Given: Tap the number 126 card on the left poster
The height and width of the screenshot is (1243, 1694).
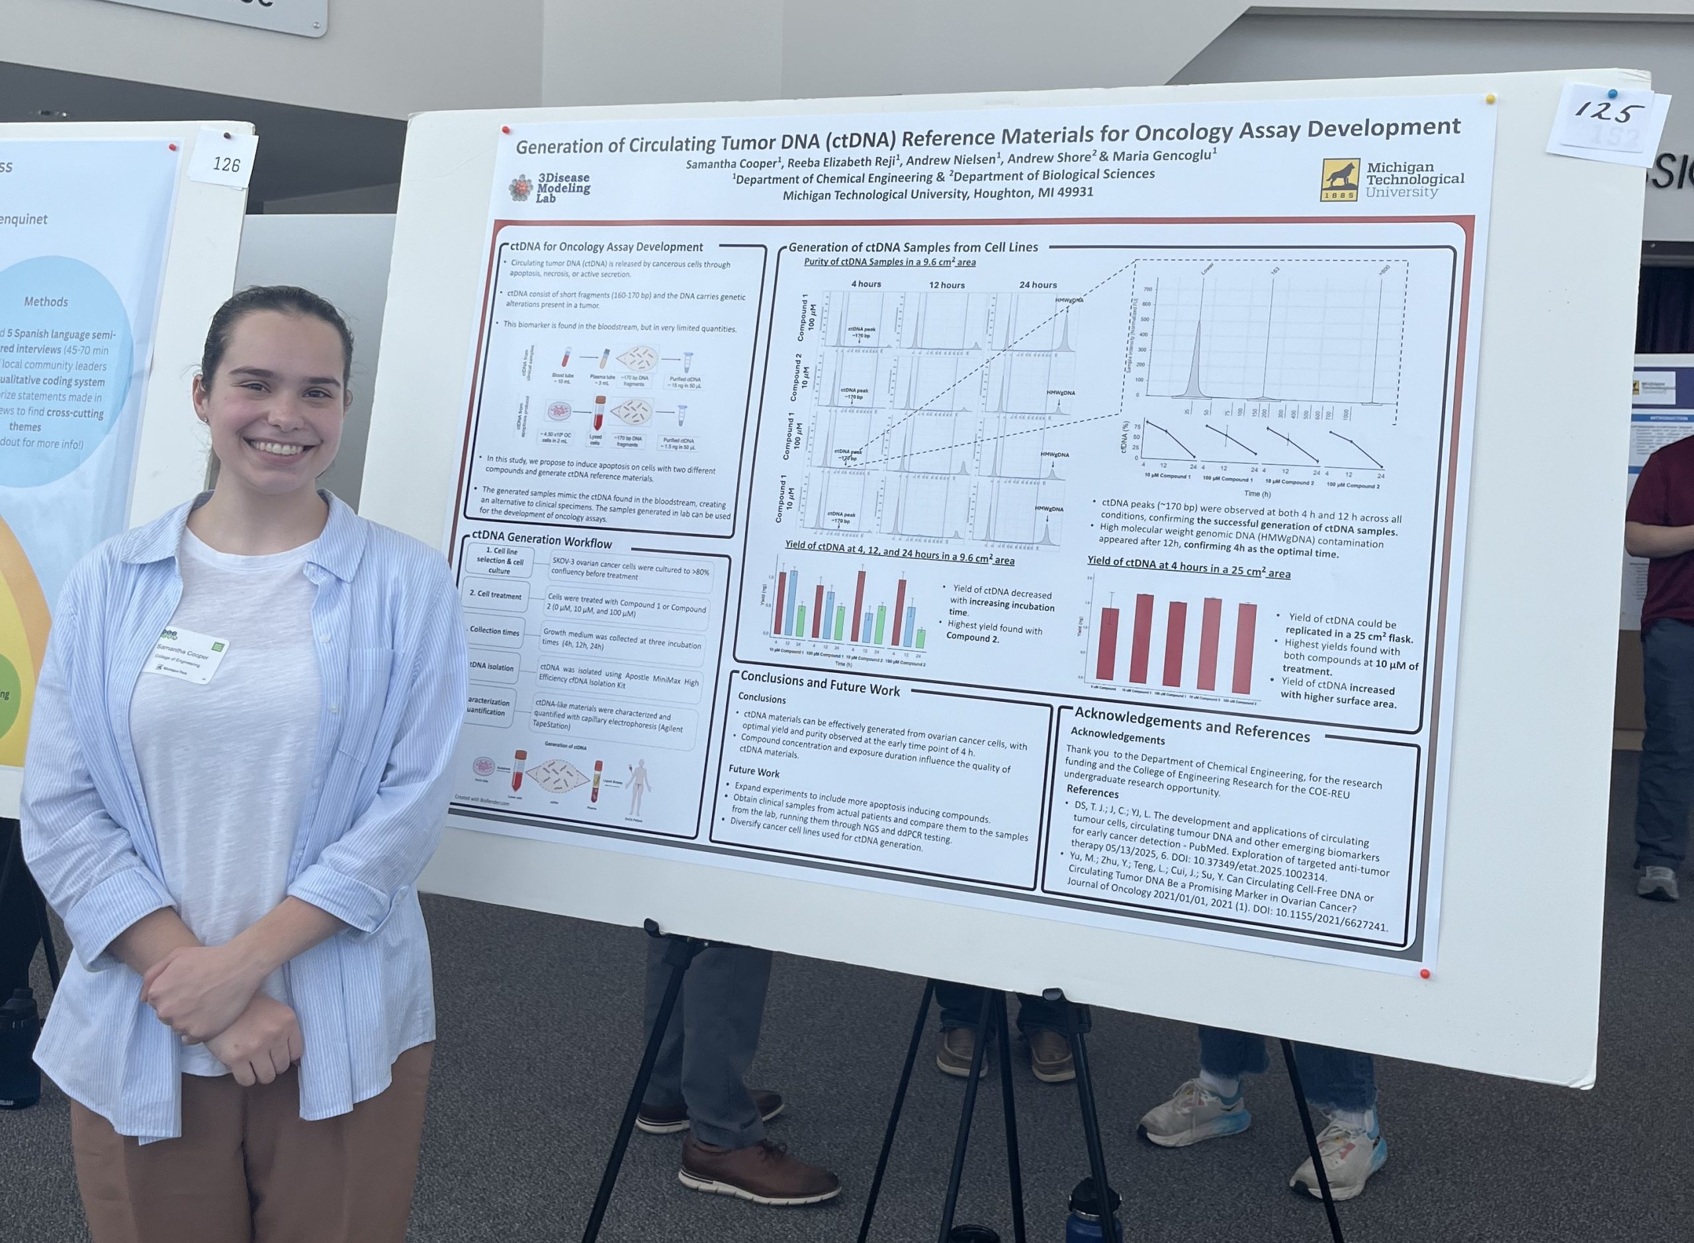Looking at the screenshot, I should point(225,163).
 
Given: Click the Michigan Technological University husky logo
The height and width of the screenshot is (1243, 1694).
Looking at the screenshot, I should point(1339,180).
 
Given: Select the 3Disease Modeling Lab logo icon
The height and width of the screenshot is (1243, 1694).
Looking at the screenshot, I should point(520,188).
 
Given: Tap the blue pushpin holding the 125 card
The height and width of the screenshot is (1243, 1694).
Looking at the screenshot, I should point(1611,94).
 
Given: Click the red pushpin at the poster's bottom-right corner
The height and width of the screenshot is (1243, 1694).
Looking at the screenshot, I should point(1424,974).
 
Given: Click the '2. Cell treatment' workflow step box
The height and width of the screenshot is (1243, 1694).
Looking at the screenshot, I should point(495,595).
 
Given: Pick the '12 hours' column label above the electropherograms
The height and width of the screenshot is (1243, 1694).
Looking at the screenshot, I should point(946,285).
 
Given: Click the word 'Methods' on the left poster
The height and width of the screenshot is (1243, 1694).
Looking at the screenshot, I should point(46,302).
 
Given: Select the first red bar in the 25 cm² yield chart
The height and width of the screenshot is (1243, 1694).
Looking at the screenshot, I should point(1108,644).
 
